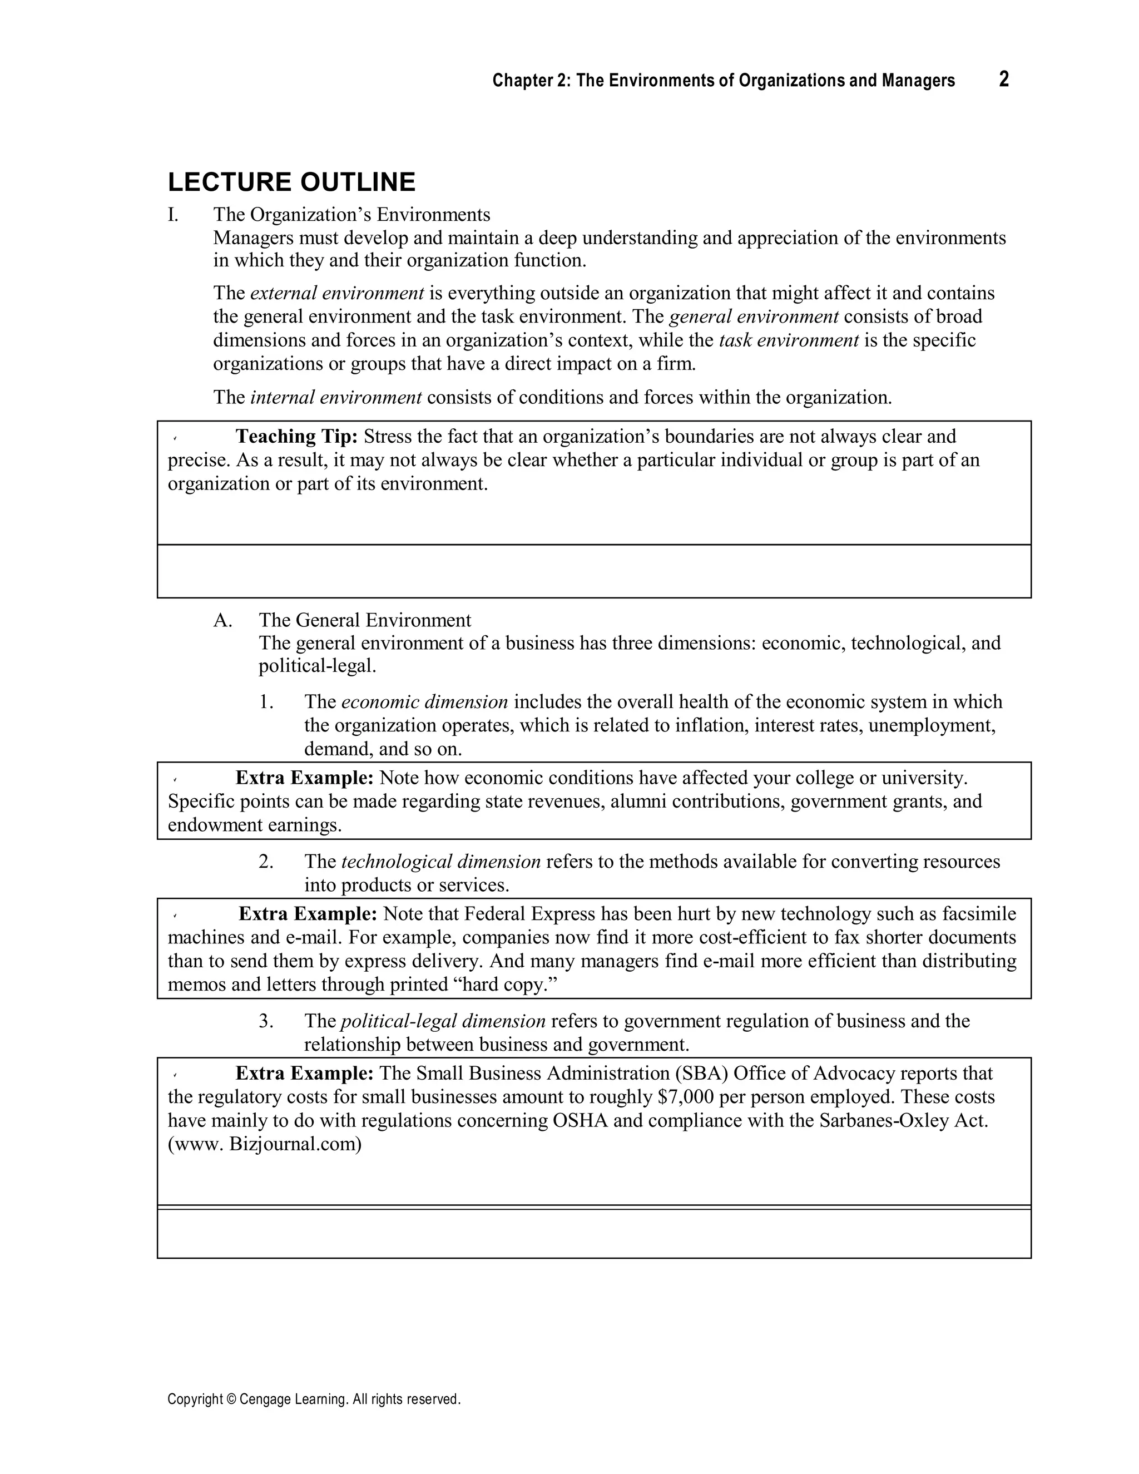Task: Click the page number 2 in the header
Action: pos(1003,80)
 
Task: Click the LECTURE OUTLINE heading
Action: pos(291,182)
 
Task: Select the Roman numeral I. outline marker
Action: pos(174,215)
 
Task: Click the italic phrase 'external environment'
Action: pos(336,294)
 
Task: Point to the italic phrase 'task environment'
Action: pos(788,340)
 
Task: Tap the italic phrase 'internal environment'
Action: pos(335,398)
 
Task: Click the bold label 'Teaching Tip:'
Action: pos(296,437)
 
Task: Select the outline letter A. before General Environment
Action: pos(222,620)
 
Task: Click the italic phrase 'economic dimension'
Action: pos(424,702)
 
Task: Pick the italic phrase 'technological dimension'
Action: pos(440,862)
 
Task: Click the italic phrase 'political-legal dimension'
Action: pos(443,1021)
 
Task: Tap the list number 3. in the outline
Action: pos(266,1021)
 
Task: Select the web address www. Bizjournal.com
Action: pos(265,1145)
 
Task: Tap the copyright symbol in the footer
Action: pos(229,1400)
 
